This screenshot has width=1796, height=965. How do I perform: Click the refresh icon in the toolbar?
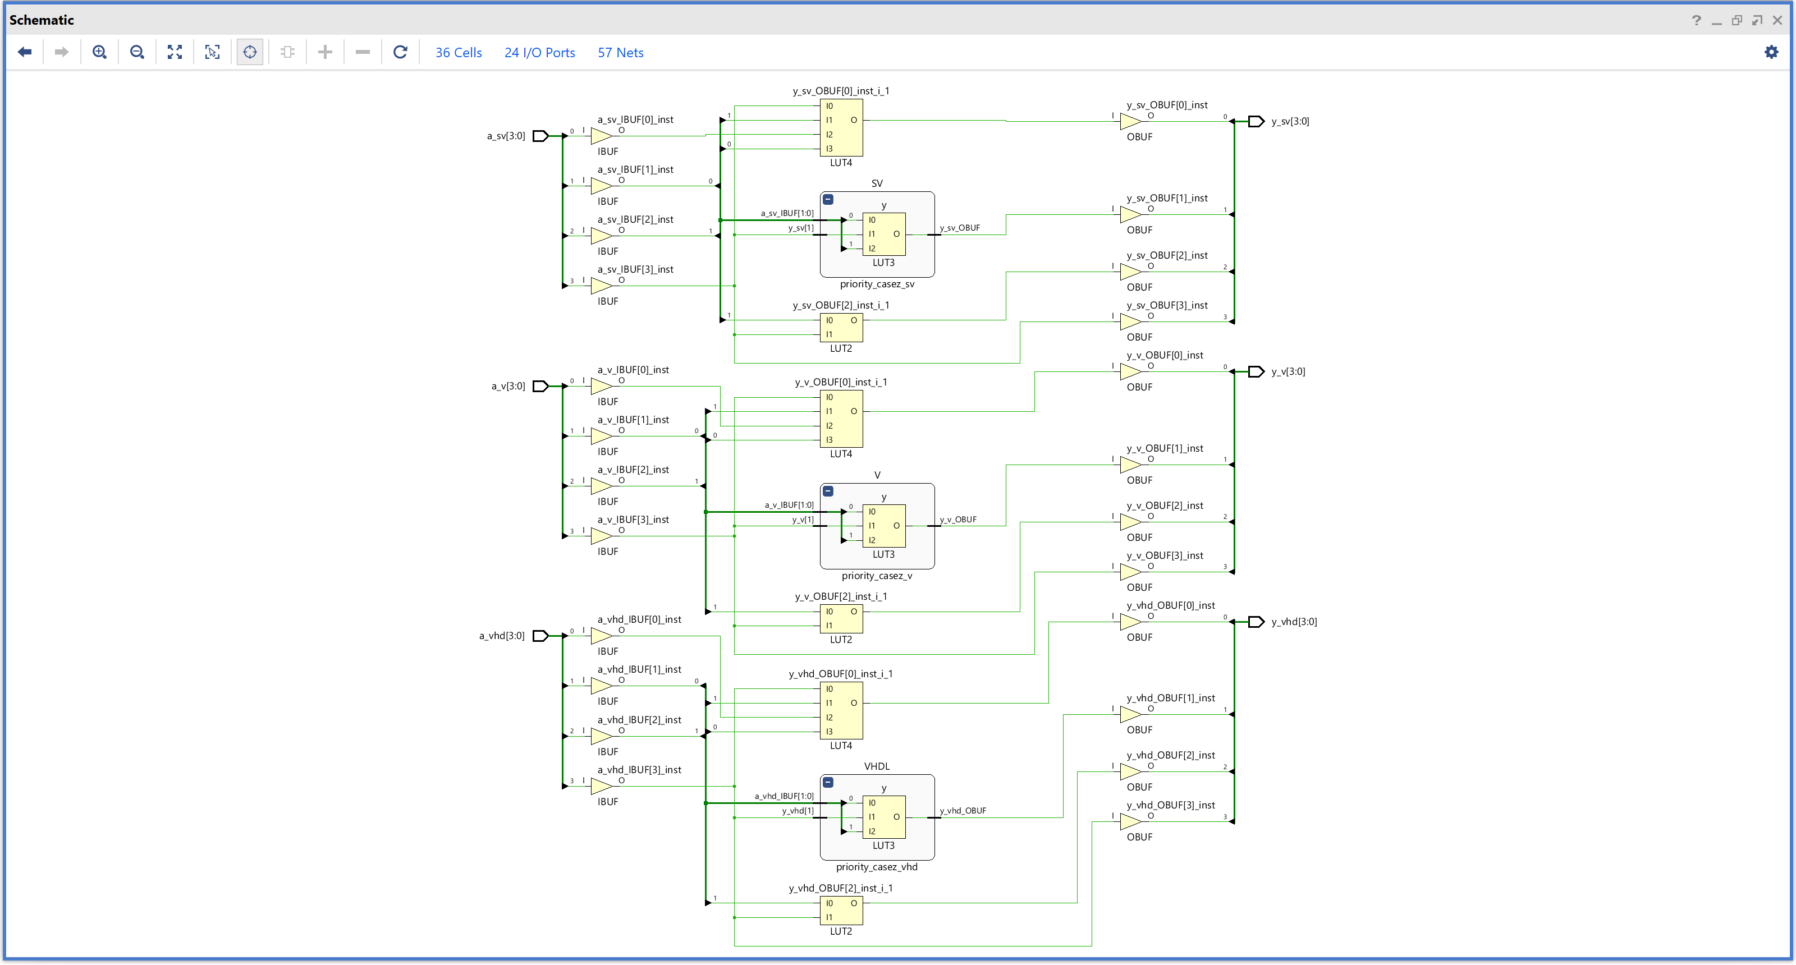[400, 52]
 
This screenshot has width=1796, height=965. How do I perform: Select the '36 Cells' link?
[458, 53]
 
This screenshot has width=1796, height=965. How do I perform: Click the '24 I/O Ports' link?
[539, 53]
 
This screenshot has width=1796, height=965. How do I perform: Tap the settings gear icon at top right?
[1771, 52]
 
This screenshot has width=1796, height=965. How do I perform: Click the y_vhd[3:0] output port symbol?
[1256, 622]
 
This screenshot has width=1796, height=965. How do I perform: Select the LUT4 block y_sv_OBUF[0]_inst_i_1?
[841, 127]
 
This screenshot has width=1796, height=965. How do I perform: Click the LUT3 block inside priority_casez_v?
[883, 526]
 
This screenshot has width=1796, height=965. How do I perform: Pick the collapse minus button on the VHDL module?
[828, 782]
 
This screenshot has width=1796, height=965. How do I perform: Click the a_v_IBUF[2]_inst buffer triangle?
[601, 486]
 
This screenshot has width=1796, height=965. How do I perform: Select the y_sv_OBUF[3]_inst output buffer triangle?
[1129, 321]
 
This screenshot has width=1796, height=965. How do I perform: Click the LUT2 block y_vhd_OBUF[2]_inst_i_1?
[841, 910]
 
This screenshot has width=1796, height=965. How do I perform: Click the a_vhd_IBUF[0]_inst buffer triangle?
[601, 636]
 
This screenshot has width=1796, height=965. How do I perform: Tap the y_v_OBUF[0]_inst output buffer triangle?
[1129, 371]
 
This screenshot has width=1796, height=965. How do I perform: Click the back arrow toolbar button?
[25, 52]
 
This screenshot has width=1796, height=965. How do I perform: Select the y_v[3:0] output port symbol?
[1256, 371]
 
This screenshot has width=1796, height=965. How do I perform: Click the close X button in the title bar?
[1777, 20]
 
